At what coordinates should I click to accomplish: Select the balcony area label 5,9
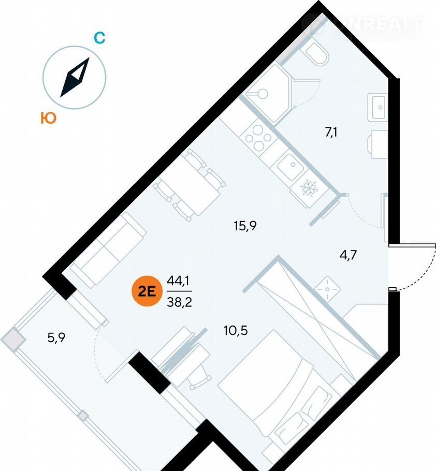click(x=57, y=338)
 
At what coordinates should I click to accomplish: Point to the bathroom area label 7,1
click(x=332, y=133)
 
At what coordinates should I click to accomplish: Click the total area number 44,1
click(x=176, y=283)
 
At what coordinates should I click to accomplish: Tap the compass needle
click(x=75, y=77)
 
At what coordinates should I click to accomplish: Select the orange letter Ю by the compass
click(x=48, y=119)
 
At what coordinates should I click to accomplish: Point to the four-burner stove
click(x=258, y=137)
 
